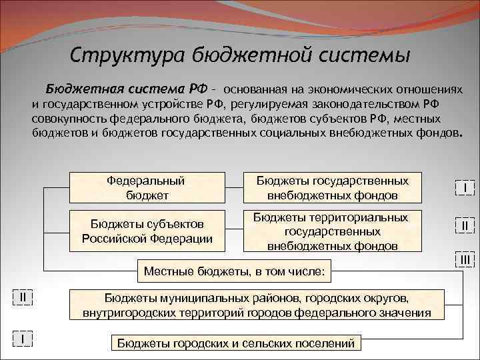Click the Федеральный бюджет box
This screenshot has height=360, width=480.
point(146,187)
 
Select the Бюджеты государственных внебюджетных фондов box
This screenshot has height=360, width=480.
point(332,187)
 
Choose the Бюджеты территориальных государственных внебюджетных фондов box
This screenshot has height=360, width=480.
point(332,231)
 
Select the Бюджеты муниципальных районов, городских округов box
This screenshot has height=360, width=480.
point(257,305)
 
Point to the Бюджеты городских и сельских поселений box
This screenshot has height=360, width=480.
point(235,343)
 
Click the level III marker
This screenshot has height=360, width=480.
point(464,259)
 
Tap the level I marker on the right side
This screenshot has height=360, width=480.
point(464,189)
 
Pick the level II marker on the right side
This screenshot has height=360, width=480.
point(464,226)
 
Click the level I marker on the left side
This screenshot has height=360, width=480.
point(23,339)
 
